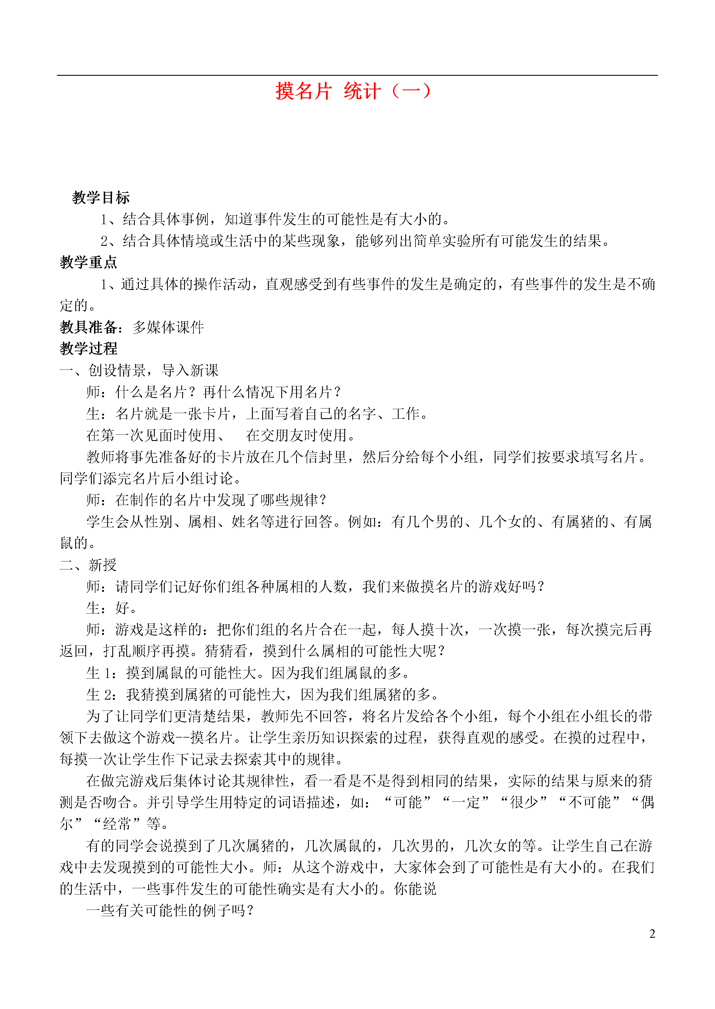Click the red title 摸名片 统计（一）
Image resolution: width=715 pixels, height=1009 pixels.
click(353, 91)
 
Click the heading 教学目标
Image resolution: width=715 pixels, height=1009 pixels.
click(101, 198)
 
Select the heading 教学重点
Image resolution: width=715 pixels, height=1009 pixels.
click(89, 262)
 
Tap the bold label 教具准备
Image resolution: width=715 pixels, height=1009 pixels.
click(89, 327)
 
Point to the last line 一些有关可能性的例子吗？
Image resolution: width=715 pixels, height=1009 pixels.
click(170, 910)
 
